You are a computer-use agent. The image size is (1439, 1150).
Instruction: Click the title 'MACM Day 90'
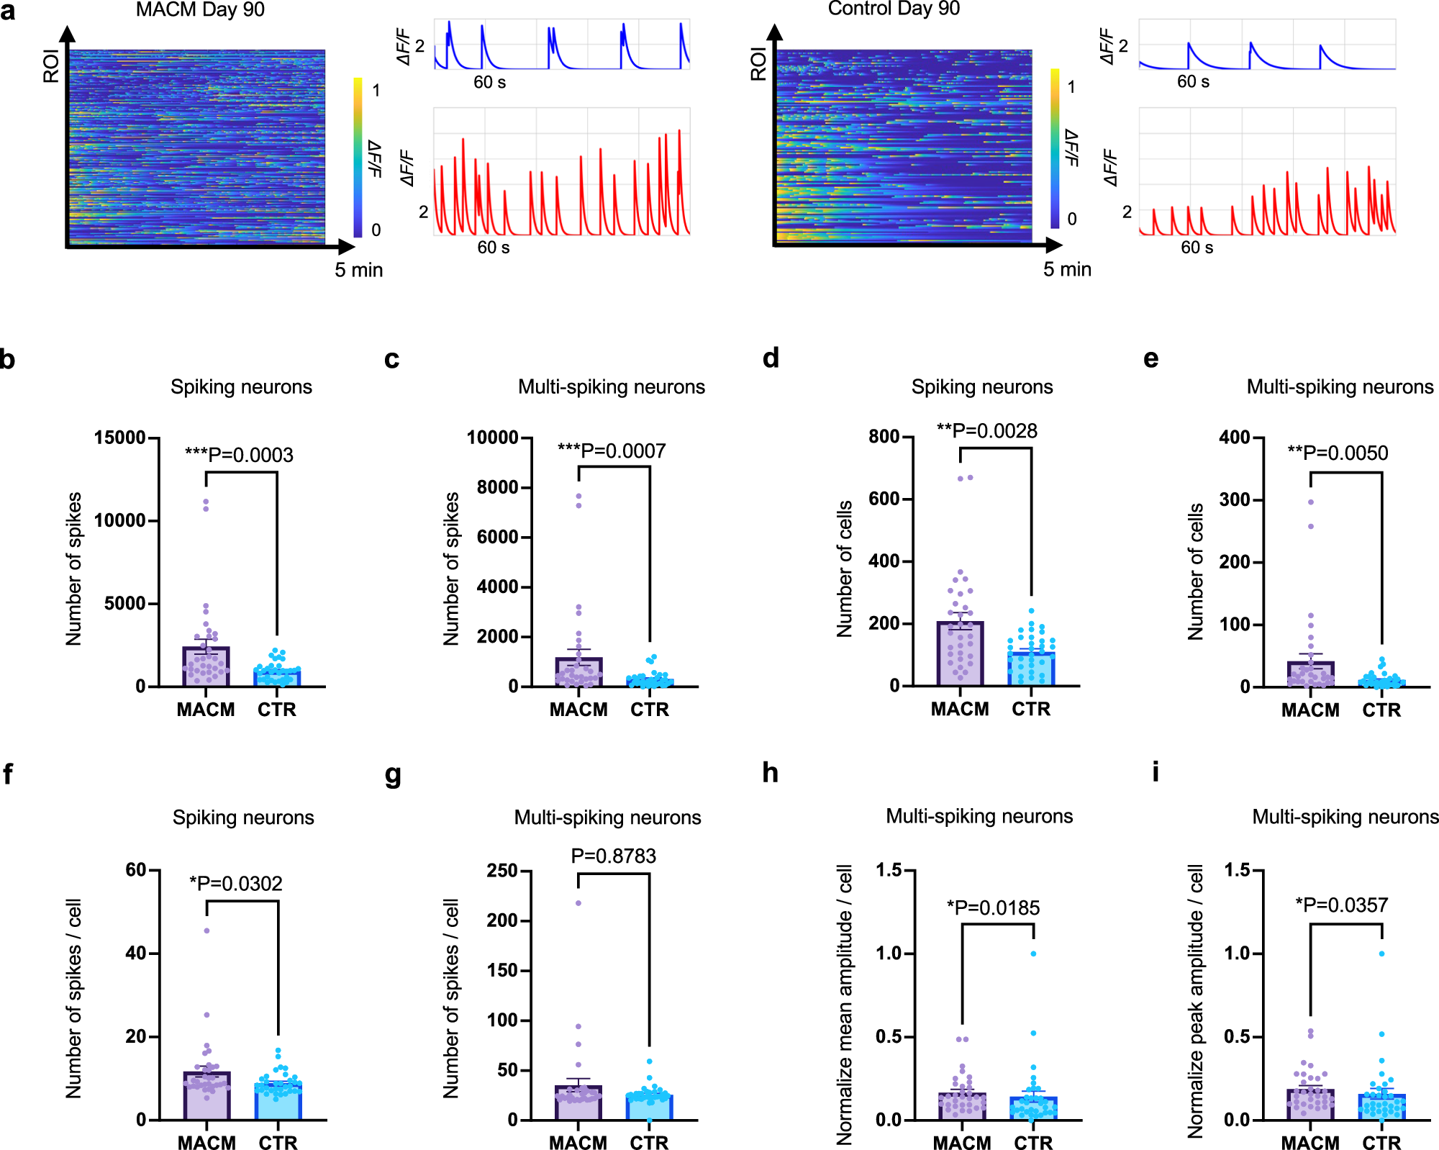click(x=200, y=10)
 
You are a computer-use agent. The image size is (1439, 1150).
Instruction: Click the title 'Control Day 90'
click(x=894, y=9)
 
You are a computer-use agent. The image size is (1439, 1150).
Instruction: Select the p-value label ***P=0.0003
click(x=239, y=455)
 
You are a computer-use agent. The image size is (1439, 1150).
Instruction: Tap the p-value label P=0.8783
click(x=613, y=856)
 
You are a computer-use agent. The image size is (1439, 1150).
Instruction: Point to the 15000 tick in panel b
click(x=119, y=438)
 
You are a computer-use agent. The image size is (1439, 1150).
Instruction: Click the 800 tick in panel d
click(x=884, y=437)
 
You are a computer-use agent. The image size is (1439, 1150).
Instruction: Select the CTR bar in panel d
click(x=1031, y=669)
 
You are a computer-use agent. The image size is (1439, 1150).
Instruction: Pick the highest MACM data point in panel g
click(x=578, y=902)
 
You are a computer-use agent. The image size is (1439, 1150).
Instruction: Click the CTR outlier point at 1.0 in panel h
click(x=1033, y=954)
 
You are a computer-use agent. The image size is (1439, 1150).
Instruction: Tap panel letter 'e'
click(x=1150, y=358)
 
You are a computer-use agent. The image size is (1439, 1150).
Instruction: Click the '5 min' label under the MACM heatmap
click(x=358, y=270)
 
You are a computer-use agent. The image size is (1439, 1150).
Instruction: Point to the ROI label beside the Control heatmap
click(x=758, y=65)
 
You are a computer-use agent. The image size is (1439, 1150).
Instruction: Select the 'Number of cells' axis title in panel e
click(x=1196, y=571)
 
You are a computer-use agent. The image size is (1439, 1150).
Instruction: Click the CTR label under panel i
click(x=1381, y=1143)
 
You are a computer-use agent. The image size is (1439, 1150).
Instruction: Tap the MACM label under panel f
click(x=206, y=1143)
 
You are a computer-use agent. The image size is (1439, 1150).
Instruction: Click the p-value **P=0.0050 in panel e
click(x=1338, y=453)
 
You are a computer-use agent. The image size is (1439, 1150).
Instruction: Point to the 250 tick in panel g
click(x=502, y=871)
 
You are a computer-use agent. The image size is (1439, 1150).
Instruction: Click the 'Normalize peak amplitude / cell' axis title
click(x=1196, y=1000)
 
